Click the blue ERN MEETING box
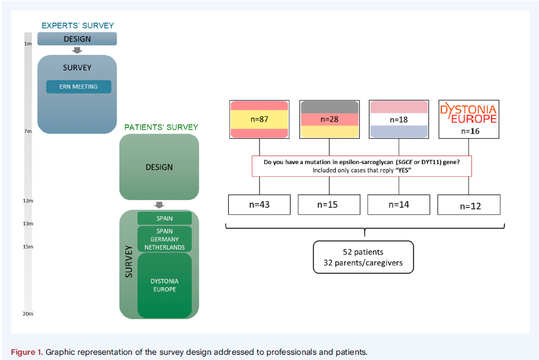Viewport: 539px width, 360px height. (x=79, y=87)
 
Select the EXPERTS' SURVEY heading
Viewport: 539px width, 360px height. (x=77, y=25)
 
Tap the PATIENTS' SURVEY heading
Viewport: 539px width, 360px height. (x=161, y=127)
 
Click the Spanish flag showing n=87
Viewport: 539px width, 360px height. (x=259, y=119)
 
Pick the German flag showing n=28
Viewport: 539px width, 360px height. (x=329, y=119)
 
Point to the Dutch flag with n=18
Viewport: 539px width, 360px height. (x=399, y=119)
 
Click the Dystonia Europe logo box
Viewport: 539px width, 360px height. (x=469, y=119)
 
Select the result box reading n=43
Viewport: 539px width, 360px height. (x=259, y=205)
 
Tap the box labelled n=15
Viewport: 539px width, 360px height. (x=329, y=205)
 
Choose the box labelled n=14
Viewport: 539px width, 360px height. (x=399, y=205)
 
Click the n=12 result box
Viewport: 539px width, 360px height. (x=469, y=205)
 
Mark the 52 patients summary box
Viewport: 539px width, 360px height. (x=363, y=257)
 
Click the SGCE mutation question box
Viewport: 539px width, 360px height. (x=362, y=166)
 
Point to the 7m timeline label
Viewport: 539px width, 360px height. (x=28, y=131)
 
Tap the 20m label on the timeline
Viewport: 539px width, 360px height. (x=28, y=314)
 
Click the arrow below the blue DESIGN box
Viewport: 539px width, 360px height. (x=77, y=50)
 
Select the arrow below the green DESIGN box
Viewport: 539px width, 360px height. (x=159, y=205)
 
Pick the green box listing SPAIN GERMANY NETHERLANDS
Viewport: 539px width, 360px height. (x=165, y=239)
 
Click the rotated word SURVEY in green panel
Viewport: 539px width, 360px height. (x=129, y=261)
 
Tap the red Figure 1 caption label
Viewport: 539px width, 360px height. (x=27, y=352)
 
